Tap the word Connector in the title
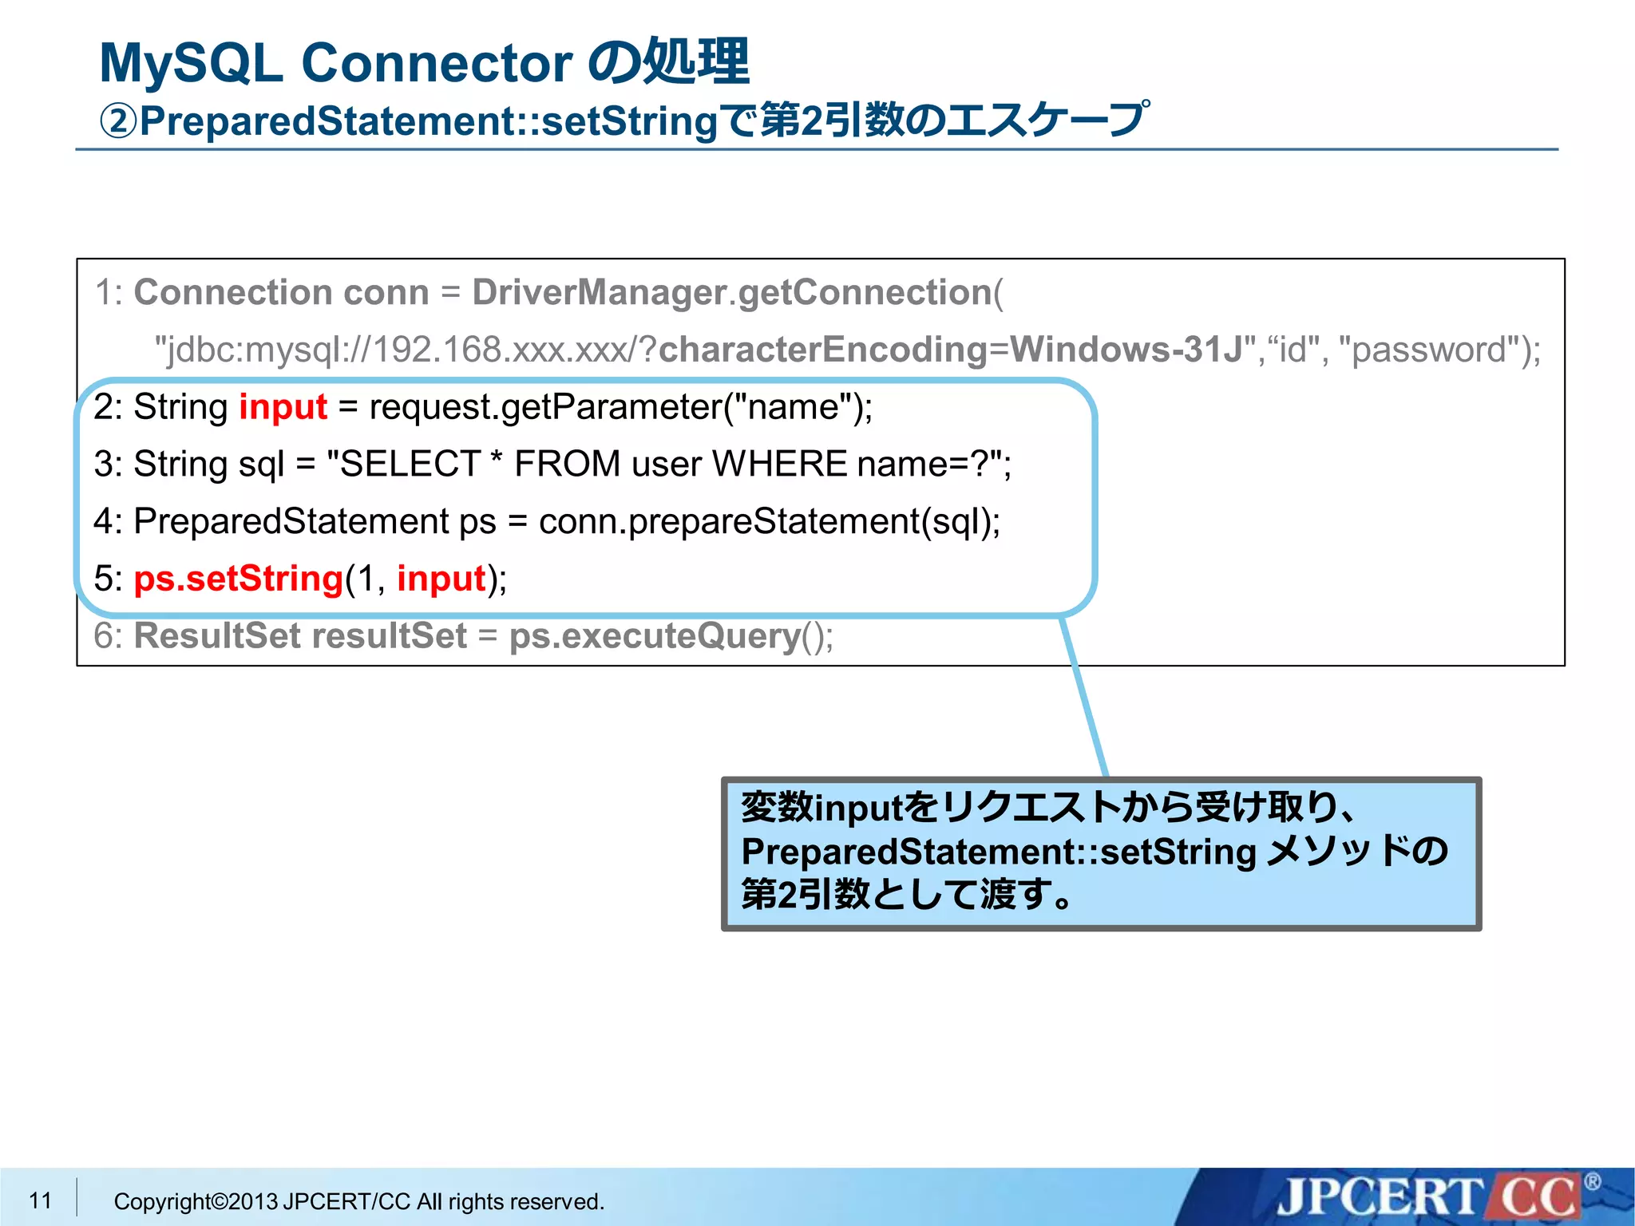click(437, 64)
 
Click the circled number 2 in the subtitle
click(118, 122)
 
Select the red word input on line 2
click(283, 407)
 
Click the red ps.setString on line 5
click(238, 579)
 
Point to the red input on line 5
click(441, 579)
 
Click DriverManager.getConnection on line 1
click(731, 293)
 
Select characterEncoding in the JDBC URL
click(823, 350)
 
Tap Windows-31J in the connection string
click(1126, 350)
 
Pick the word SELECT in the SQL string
click(410, 465)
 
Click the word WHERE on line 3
click(779, 465)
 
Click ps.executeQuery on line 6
click(655, 636)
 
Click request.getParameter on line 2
click(545, 407)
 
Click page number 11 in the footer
click(40, 1200)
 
